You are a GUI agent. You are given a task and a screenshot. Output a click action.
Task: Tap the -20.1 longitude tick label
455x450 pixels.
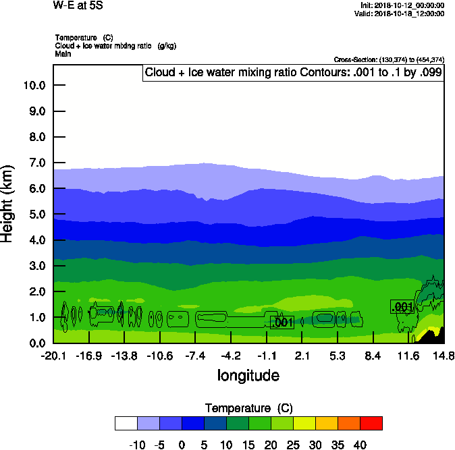point(53,356)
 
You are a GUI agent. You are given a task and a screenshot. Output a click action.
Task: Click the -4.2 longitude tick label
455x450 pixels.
point(231,356)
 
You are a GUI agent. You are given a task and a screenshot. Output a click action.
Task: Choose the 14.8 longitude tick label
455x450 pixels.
point(444,356)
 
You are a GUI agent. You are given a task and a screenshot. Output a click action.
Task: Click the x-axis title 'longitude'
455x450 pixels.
point(248,375)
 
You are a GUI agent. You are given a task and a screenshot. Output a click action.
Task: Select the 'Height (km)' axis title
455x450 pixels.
point(8,203)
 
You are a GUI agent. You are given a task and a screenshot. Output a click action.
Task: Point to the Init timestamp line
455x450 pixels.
point(402,5)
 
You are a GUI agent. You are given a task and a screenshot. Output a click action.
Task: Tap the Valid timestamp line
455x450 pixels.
point(402,13)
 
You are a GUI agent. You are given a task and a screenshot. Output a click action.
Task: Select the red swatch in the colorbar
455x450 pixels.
point(371,423)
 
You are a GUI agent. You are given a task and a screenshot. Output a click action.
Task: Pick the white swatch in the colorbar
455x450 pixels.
point(126,423)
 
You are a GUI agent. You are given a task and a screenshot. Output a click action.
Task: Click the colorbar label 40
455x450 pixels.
point(360,445)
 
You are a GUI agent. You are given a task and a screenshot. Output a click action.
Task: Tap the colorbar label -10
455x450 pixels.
point(137,445)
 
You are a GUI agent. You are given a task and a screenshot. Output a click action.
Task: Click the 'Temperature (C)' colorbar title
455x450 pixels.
point(248,408)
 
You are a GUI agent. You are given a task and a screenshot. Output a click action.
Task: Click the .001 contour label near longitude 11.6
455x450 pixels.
point(402,307)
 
